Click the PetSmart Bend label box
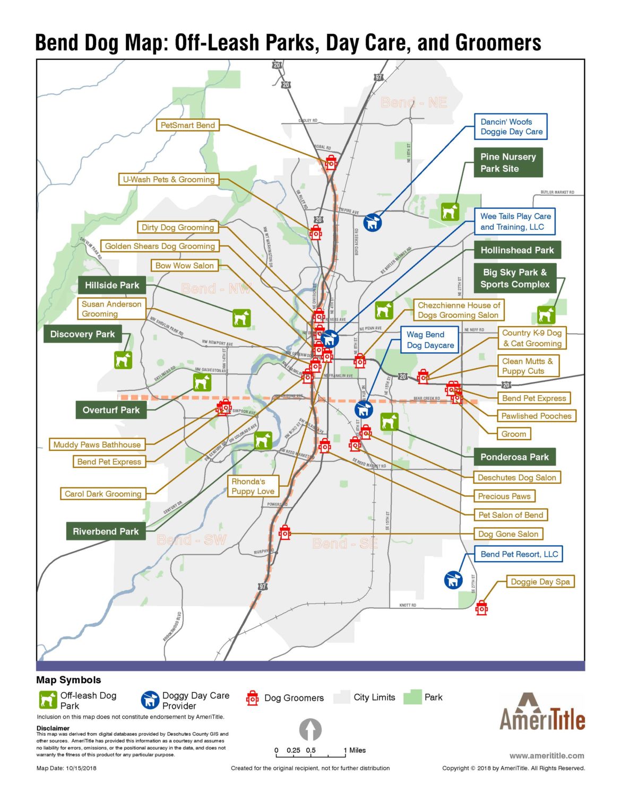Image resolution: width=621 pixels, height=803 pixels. [x=188, y=125]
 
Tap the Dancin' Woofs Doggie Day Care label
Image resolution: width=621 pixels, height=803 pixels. [x=511, y=127]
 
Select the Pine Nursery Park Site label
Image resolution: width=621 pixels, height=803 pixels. [x=508, y=163]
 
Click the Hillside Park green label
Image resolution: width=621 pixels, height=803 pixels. [x=112, y=285]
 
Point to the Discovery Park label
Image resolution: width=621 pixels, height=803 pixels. [x=82, y=334]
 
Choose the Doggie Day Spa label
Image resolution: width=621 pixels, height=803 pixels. [x=540, y=582]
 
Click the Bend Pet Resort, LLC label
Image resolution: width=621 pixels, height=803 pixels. [x=519, y=554]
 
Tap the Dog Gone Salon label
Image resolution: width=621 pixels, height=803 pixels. [x=508, y=534]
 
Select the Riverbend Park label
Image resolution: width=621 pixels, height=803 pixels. [x=106, y=531]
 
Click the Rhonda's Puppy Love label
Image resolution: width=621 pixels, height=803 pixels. [x=253, y=486]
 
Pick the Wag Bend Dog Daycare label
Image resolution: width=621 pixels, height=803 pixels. [x=430, y=340]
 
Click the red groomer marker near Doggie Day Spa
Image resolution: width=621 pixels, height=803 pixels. [x=481, y=608]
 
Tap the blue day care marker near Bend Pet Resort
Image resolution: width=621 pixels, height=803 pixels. [x=453, y=580]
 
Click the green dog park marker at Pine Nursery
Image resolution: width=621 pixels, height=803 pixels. [x=450, y=212]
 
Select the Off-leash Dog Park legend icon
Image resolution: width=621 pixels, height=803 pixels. [x=48, y=700]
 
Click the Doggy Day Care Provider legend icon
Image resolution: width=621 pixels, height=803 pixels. [x=150, y=700]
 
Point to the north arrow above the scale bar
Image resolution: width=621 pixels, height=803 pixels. [x=310, y=730]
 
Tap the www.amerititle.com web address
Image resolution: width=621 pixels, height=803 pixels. [x=547, y=756]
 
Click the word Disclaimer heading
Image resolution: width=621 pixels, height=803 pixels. [x=53, y=728]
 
